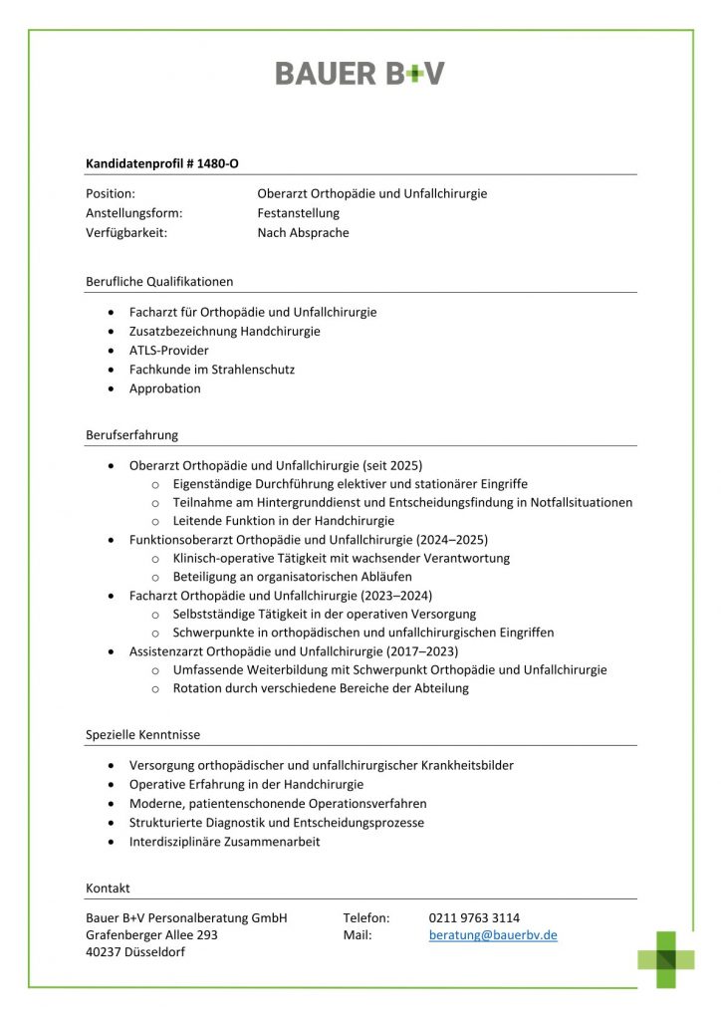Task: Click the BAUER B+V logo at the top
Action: click(x=360, y=73)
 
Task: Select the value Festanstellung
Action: click(x=298, y=213)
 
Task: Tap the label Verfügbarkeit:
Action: click(x=126, y=233)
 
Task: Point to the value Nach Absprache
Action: click(x=303, y=233)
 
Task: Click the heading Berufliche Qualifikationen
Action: click(x=159, y=282)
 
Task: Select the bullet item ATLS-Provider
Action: click(x=168, y=351)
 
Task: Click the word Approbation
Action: click(x=164, y=388)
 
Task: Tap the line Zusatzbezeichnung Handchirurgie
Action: click(x=224, y=331)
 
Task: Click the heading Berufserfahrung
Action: click(x=131, y=435)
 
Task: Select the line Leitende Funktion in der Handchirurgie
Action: click(x=283, y=521)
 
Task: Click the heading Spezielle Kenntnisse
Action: click(x=142, y=735)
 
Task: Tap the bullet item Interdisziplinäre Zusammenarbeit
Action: click(x=224, y=842)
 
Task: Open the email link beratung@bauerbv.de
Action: click(x=493, y=935)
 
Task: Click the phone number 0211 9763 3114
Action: click(x=474, y=917)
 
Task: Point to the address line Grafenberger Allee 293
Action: click(x=151, y=935)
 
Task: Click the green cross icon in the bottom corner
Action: click(x=666, y=958)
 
